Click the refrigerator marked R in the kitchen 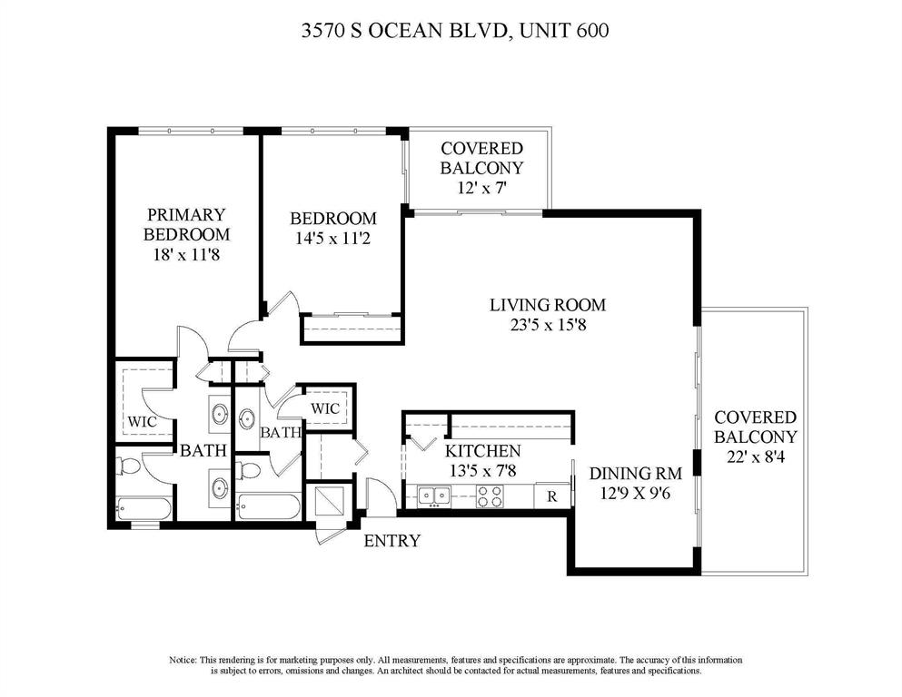coord(551,496)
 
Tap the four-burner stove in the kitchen coord(491,496)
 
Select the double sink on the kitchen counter coord(434,495)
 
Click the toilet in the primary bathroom coord(129,466)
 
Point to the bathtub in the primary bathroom coord(144,508)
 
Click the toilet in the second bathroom coord(247,469)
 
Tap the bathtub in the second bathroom coord(268,506)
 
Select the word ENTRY coord(392,542)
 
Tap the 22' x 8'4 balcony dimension coord(755,458)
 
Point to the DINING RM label coord(633,473)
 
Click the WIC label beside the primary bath coord(142,422)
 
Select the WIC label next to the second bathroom coord(325,408)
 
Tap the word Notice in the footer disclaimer coord(182,659)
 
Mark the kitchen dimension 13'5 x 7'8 coord(481,471)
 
